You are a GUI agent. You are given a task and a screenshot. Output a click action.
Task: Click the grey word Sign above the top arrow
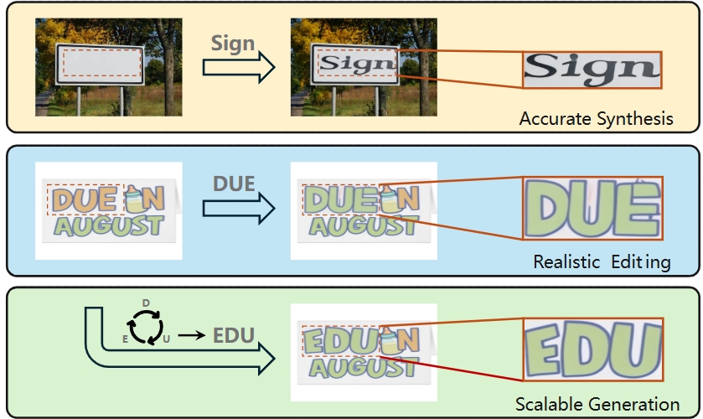233,44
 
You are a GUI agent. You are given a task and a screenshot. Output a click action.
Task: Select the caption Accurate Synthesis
596,118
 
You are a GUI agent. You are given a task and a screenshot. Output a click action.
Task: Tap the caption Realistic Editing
602,262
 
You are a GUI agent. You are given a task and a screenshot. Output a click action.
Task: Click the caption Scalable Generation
597,403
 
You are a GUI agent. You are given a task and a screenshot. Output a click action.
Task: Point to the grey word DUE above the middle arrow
233,183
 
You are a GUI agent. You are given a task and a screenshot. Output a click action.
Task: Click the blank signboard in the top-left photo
100,64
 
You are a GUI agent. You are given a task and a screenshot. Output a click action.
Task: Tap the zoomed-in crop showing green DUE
592,207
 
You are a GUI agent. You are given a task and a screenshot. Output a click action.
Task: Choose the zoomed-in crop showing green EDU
592,348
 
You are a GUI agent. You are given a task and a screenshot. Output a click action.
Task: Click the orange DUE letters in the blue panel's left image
85,199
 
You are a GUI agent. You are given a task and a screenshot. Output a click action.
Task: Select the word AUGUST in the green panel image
363,369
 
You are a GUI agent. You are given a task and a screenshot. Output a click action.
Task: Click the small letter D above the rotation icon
146,302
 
